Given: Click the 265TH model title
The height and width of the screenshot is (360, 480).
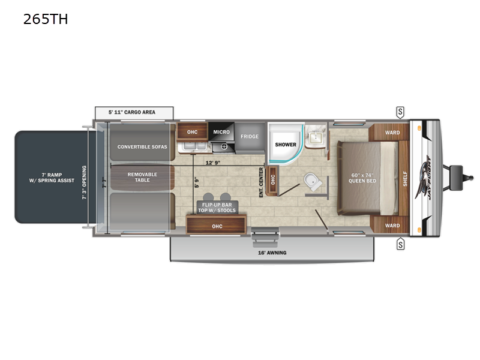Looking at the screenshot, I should [x=46, y=20].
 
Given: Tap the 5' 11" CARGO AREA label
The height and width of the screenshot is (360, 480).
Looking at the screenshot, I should [x=134, y=112].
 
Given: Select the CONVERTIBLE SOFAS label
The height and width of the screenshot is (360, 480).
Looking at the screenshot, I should [x=142, y=146].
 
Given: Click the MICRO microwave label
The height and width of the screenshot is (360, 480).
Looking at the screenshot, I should [x=222, y=131].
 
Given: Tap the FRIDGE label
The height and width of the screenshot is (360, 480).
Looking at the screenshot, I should [x=250, y=137].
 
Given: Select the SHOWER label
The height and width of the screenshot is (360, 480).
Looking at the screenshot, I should [x=286, y=145].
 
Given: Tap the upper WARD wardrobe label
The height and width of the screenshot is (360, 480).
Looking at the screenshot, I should [x=392, y=133].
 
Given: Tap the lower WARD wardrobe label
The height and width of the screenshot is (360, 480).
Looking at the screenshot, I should [x=392, y=226].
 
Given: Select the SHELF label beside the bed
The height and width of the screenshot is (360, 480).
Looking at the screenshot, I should [x=405, y=179].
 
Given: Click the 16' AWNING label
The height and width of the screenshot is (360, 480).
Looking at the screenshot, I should [x=273, y=253].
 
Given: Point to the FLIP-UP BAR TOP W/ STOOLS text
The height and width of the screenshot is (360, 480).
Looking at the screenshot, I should [x=217, y=208].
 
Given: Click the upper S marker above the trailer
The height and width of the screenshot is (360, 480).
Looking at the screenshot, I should [x=400, y=112].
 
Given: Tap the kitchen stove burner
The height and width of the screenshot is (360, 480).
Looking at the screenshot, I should [x=223, y=146].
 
